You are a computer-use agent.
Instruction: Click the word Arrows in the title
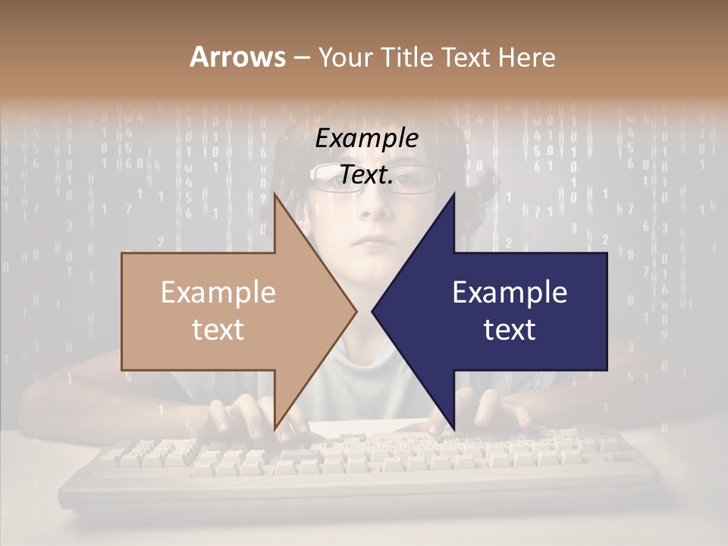tap(238, 57)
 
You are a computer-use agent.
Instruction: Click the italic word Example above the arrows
tap(366, 139)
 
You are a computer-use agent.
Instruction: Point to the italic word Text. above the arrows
tap(366, 175)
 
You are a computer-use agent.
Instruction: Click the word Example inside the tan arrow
tap(218, 293)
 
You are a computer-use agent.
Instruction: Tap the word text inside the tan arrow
tap(218, 330)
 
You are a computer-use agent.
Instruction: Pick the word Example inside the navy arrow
tap(510, 293)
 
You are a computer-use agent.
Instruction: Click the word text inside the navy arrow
tap(510, 330)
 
